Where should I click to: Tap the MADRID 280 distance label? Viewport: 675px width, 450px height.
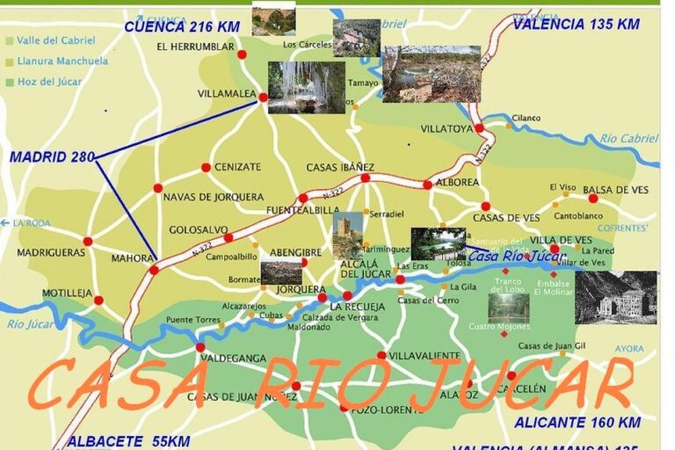[52, 157]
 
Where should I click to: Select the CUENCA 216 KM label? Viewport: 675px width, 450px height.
[181, 27]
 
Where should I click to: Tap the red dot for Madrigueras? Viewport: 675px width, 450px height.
[88, 241]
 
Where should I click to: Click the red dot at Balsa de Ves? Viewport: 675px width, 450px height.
[593, 199]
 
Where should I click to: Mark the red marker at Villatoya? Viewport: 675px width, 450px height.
[479, 128]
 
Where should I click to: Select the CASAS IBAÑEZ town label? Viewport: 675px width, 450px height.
[340, 167]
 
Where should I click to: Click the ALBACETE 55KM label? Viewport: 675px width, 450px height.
[127, 441]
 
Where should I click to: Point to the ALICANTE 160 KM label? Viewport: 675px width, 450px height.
[577, 423]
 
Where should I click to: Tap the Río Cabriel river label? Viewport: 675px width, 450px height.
[628, 138]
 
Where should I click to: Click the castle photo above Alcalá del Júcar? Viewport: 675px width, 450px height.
[347, 235]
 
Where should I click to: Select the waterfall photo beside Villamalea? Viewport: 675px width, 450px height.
[306, 87]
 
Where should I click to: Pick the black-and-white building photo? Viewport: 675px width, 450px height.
[615, 298]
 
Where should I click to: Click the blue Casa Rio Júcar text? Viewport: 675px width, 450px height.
[515, 256]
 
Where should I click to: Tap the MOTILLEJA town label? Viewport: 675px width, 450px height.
[67, 293]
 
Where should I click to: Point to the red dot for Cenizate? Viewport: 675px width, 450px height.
[206, 167]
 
